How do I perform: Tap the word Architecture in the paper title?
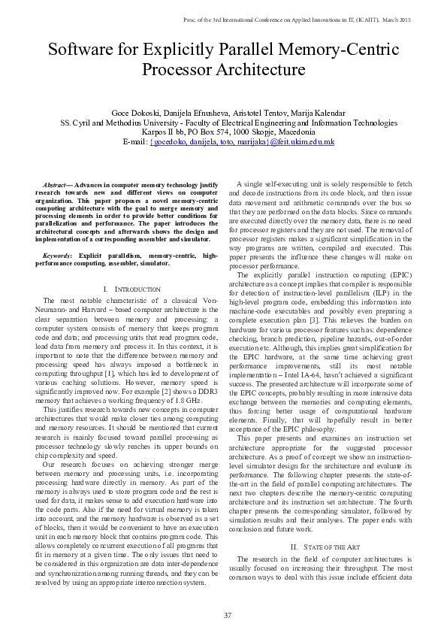tap(257, 71)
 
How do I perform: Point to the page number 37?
tap(227, 616)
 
